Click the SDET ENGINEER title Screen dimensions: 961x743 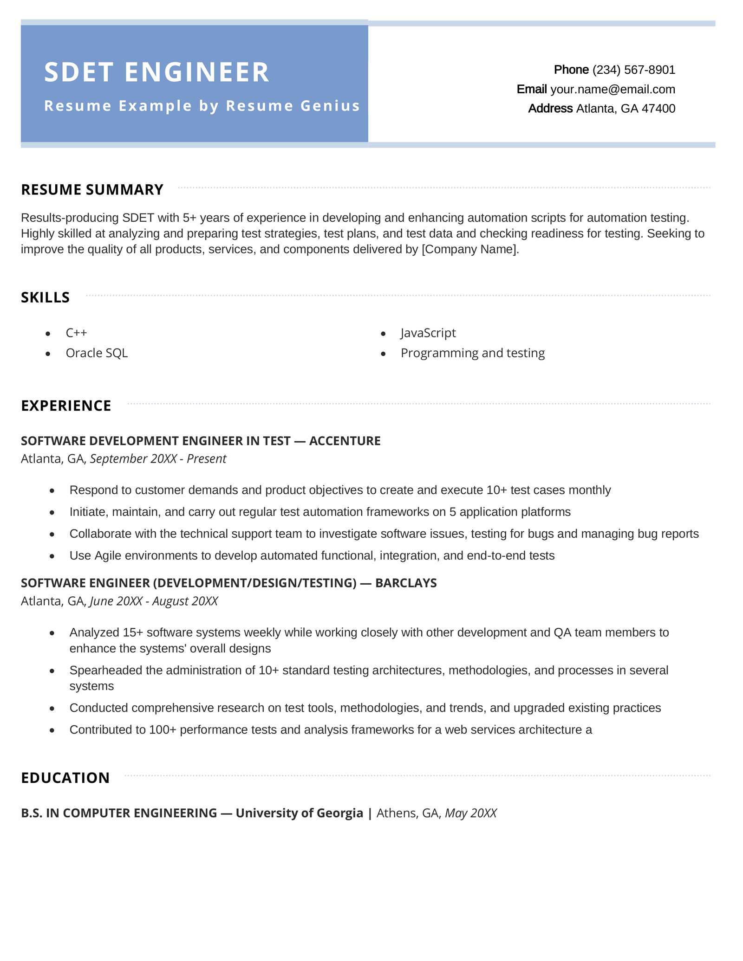point(156,72)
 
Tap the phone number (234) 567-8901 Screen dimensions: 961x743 point(633,70)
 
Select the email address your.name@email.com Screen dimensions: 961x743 point(613,89)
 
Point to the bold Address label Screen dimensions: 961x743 point(550,109)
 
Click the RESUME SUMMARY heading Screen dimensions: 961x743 point(92,190)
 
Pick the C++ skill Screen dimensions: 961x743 point(76,333)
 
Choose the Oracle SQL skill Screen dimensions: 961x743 point(97,353)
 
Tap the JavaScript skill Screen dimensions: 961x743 point(428,333)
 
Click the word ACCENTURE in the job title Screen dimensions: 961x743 point(345,441)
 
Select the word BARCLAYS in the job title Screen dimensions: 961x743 point(406,583)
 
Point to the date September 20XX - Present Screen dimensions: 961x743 point(158,459)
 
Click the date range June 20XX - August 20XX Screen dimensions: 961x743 point(154,601)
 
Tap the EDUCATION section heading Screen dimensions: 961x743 point(65,778)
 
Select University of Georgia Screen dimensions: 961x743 point(300,813)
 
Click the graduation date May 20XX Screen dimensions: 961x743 point(471,813)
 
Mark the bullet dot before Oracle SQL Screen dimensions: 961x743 point(48,354)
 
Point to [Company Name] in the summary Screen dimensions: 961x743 point(470,249)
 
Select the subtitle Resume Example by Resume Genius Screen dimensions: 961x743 point(202,106)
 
